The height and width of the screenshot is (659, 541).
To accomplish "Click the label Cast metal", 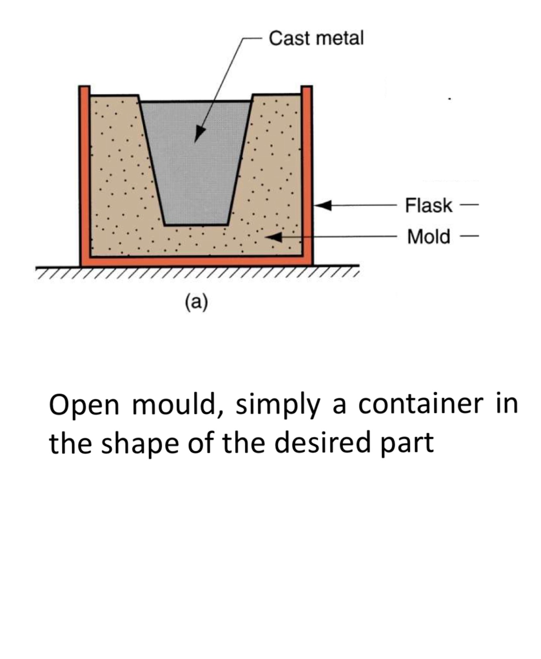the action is (x=316, y=39).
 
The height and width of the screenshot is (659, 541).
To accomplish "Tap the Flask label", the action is (x=428, y=205).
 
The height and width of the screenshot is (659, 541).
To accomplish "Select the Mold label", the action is (x=429, y=236).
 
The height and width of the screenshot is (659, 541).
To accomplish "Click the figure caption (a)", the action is (x=196, y=302).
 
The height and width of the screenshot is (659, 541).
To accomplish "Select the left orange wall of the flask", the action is (x=84, y=174).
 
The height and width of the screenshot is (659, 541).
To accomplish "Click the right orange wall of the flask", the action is (x=307, y=174).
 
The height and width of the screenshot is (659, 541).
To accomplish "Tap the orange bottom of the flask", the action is (x=196, y=261).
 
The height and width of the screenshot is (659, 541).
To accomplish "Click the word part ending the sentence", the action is (x=408, y=443).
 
